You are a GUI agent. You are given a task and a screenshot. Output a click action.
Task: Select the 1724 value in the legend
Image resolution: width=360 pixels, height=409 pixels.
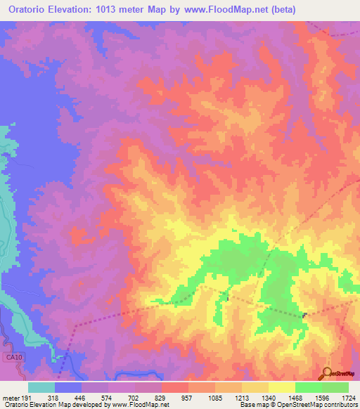(x=349, y=398)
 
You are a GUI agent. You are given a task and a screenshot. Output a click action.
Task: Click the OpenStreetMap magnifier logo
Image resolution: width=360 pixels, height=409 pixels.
(x=327, y=373)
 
